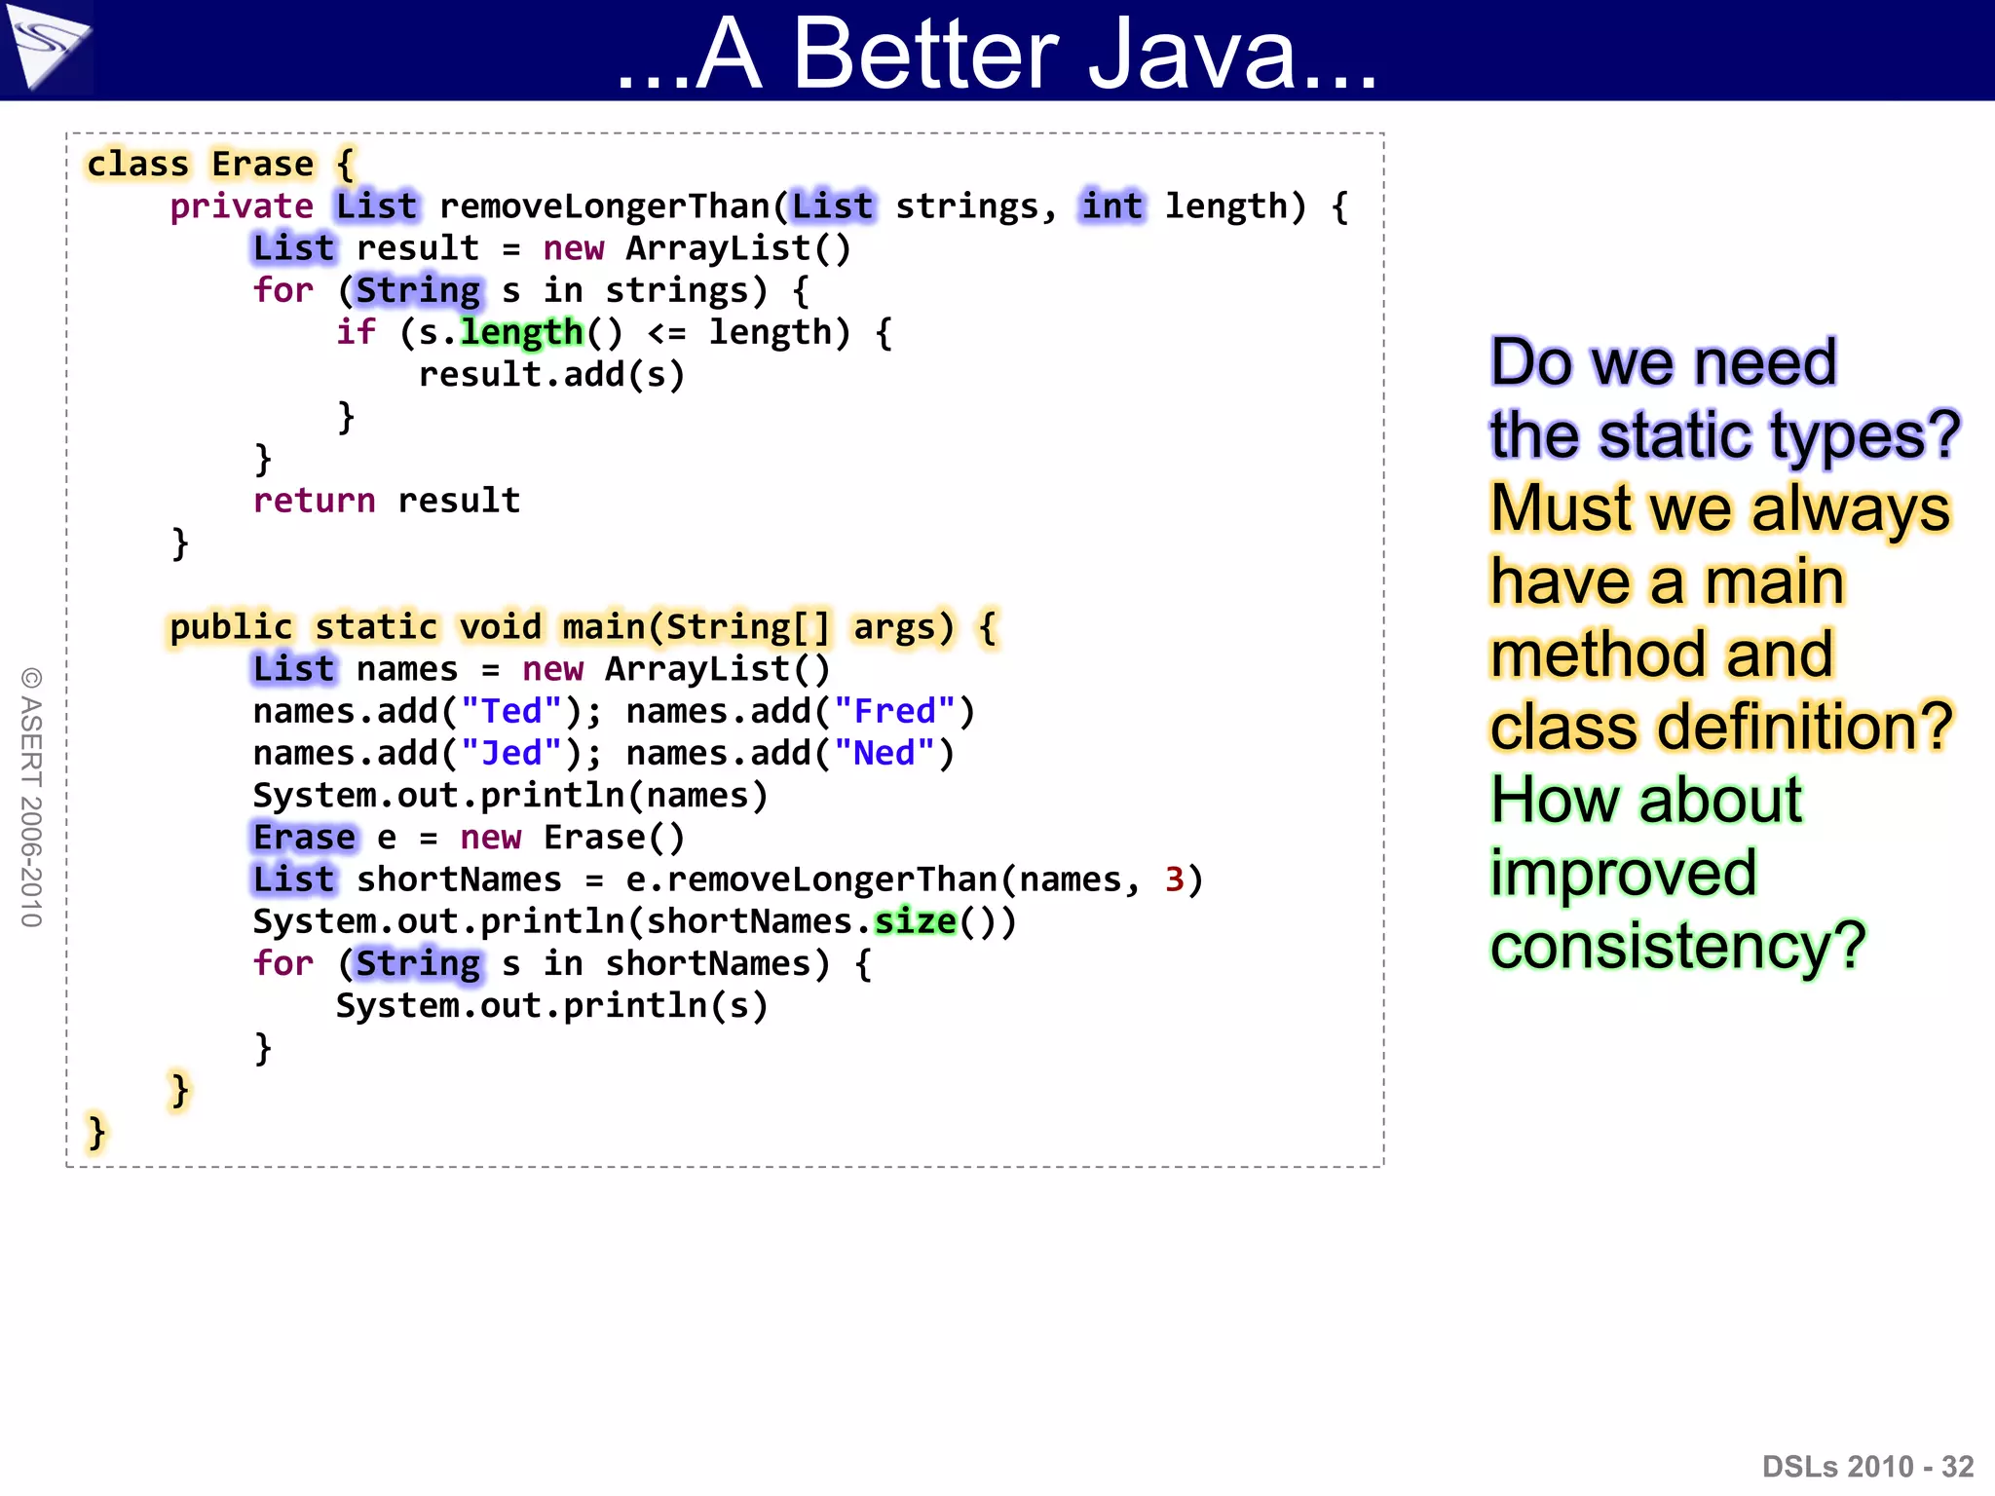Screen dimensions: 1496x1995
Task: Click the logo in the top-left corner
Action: tap(46, 46)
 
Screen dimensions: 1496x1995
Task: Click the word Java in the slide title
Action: tap(1232, 54)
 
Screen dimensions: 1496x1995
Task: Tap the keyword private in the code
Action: tap(242, 206)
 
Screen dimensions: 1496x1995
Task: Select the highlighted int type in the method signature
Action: tap(1111, 206)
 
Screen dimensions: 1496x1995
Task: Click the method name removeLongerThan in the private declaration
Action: tap(604, 206)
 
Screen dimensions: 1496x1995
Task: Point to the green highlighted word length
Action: tap(521, 333)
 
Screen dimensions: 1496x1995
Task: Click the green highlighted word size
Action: tap(915, 921)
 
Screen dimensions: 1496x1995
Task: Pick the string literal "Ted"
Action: tap(511, 711)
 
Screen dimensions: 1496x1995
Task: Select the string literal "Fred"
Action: tap(894, 711)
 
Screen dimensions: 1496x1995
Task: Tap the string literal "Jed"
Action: tap(511, 753)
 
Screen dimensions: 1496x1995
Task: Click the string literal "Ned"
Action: tap(885, 753)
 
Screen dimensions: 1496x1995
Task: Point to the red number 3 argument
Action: tap(1174, 879)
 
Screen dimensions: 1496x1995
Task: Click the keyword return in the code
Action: tap(314, 501)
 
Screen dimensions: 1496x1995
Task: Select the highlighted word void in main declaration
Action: tap(500, 627)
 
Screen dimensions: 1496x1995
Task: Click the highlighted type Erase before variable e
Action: tap(304, 838)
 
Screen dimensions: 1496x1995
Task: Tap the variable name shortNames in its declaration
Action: tap(459, 879)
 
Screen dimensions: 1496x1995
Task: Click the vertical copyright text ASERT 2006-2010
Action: tap(31, 798)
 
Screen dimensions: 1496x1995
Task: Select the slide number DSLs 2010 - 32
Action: tap(1867, 1466)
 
